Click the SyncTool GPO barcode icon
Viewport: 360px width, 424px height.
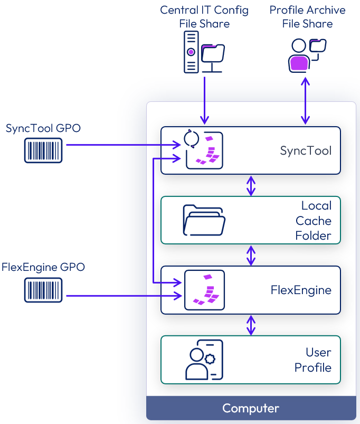click(43, 150)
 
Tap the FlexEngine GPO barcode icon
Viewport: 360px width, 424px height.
click(43, 290)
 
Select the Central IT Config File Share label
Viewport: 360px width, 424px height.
click(204, 17)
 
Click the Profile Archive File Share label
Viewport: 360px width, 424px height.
click(307, 17)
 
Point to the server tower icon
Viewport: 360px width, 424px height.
click(191, 52)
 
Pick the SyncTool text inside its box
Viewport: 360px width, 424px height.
click(306, 150)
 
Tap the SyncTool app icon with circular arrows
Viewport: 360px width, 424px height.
click(204, 150)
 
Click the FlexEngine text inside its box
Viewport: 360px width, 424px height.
click(301, 290)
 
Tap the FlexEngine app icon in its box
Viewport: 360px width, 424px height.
click(204, 290)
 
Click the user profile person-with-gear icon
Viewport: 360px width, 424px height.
click(204, 360)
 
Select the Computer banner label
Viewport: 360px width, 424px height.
click(251, 408)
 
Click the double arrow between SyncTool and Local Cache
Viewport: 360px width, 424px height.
click(251, 185)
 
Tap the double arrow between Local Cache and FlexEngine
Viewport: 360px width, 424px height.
click(251, 255)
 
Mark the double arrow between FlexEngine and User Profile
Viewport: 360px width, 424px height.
click(251, 325)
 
